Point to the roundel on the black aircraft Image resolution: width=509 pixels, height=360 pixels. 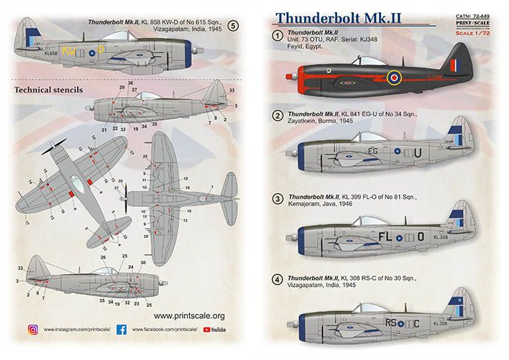394,76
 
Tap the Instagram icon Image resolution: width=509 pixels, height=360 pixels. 32,330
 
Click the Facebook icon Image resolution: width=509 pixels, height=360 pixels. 121,330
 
